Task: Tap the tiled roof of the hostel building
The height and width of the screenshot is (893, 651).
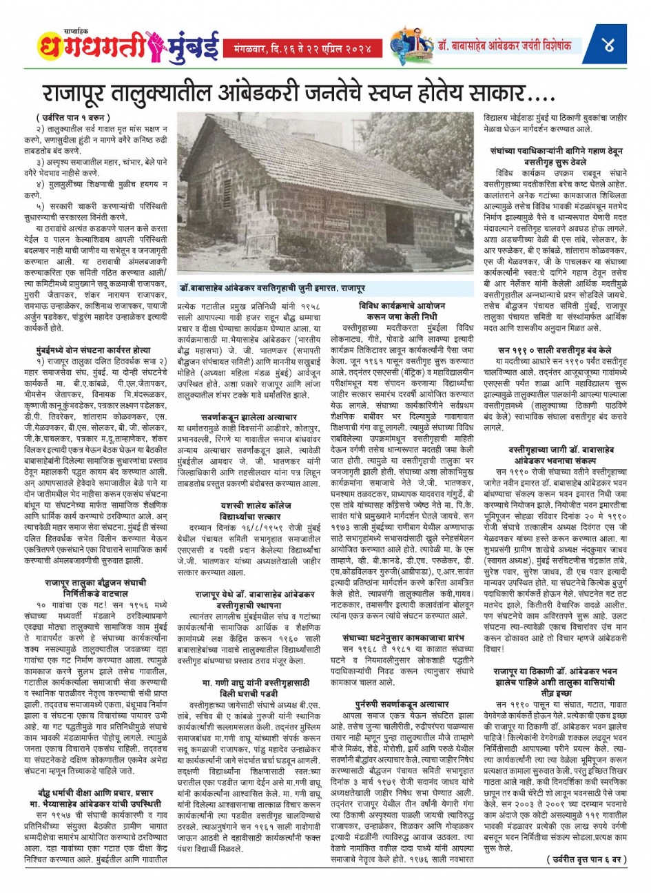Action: point(276,138)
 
